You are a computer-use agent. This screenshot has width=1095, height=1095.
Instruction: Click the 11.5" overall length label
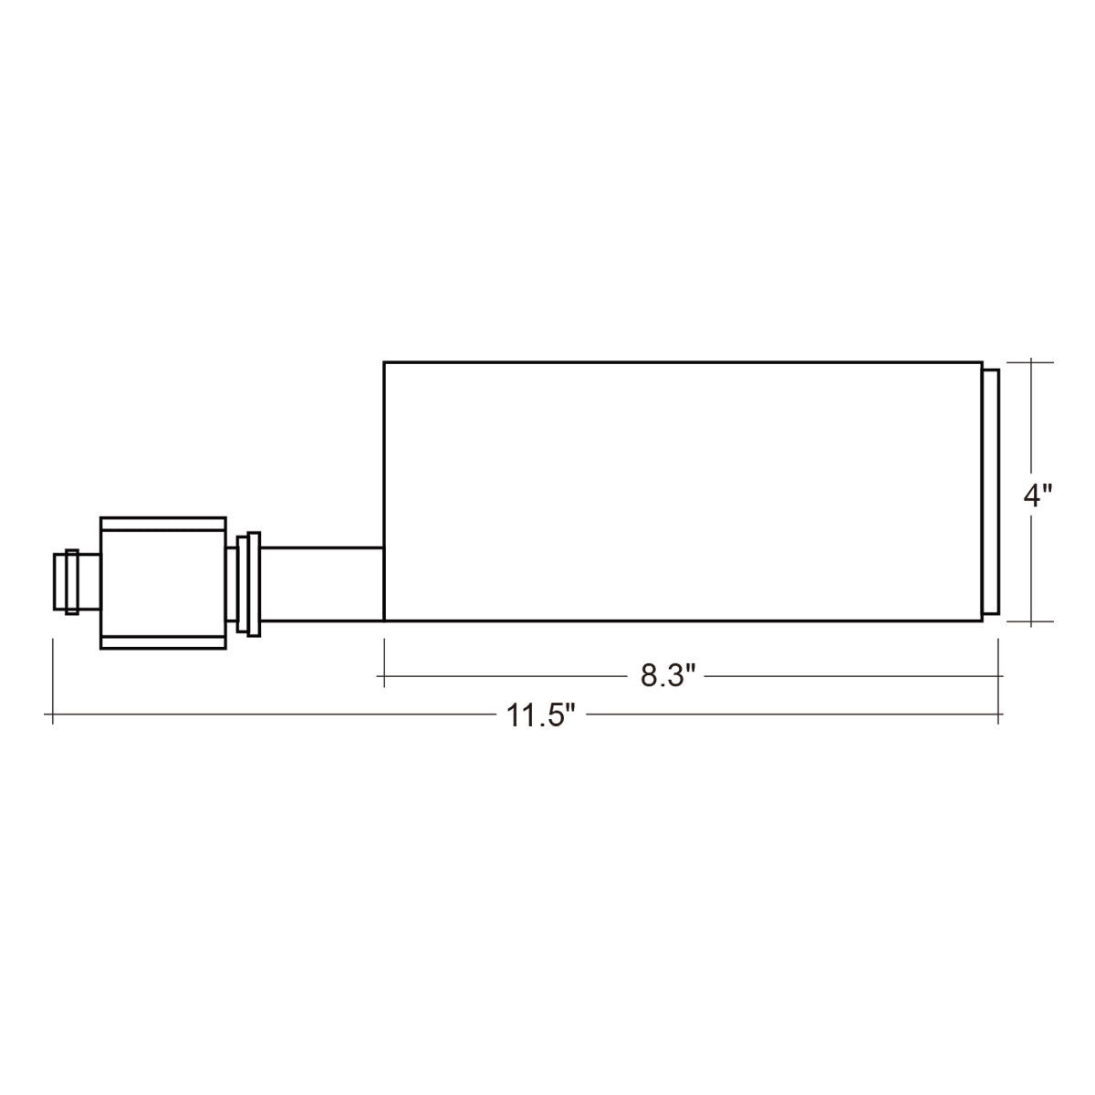[540, 715]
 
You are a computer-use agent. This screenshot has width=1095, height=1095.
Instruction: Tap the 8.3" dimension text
[668, 676]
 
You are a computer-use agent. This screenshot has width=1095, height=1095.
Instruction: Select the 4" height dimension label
[1038, 496]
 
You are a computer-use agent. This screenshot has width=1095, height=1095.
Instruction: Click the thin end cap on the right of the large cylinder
[991, 492]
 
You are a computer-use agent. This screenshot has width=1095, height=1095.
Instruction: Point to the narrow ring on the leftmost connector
[71, 582]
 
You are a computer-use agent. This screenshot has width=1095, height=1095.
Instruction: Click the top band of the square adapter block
[163, 524]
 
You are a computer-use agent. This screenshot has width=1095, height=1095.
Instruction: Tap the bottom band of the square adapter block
[163, 642]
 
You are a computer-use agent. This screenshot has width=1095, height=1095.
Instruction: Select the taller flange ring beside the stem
[254, 584]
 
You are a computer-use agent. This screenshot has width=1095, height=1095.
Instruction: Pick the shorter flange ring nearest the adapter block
[242, 584]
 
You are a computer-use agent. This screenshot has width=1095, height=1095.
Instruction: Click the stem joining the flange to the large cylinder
[322, 584]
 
